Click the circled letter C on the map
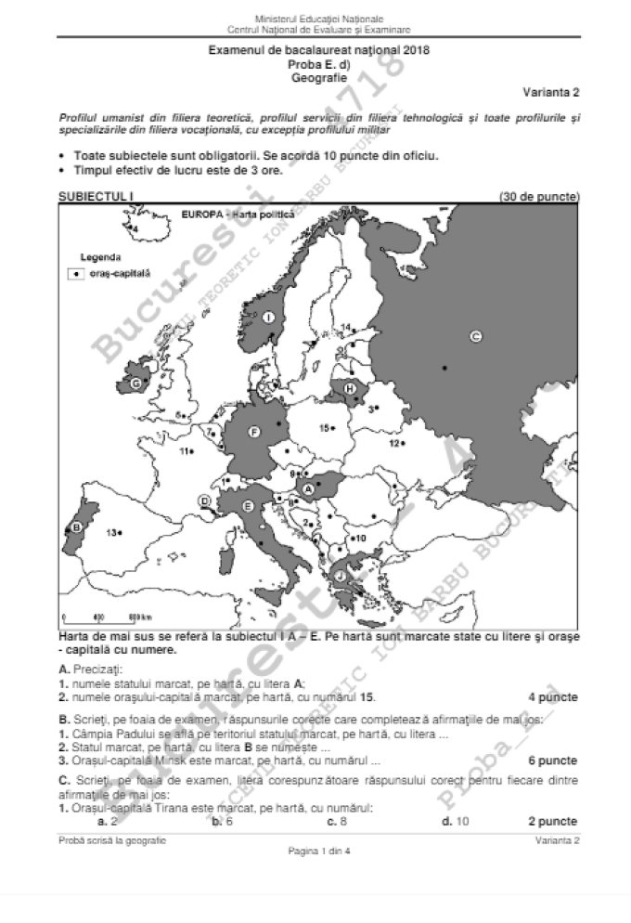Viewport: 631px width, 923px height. [475, 337]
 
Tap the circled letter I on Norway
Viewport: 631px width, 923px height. [269, 318]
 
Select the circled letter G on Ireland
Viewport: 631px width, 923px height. [136, 383]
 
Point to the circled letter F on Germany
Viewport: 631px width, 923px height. [253, 431]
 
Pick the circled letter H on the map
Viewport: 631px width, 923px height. [350, 387]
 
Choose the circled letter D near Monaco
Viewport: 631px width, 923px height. [205, 501]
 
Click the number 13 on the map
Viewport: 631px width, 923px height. [112, 532]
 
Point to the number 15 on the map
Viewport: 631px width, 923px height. [325, 428]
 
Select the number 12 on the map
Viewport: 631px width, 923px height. [393, 443]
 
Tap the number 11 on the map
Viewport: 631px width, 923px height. [186, 451]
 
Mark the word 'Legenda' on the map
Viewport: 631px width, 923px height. [100, 256]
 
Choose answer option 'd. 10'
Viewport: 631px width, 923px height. [456, 821]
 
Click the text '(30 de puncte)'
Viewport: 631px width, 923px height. [539, 196]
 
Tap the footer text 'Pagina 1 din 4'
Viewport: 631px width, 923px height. [316, 851]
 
